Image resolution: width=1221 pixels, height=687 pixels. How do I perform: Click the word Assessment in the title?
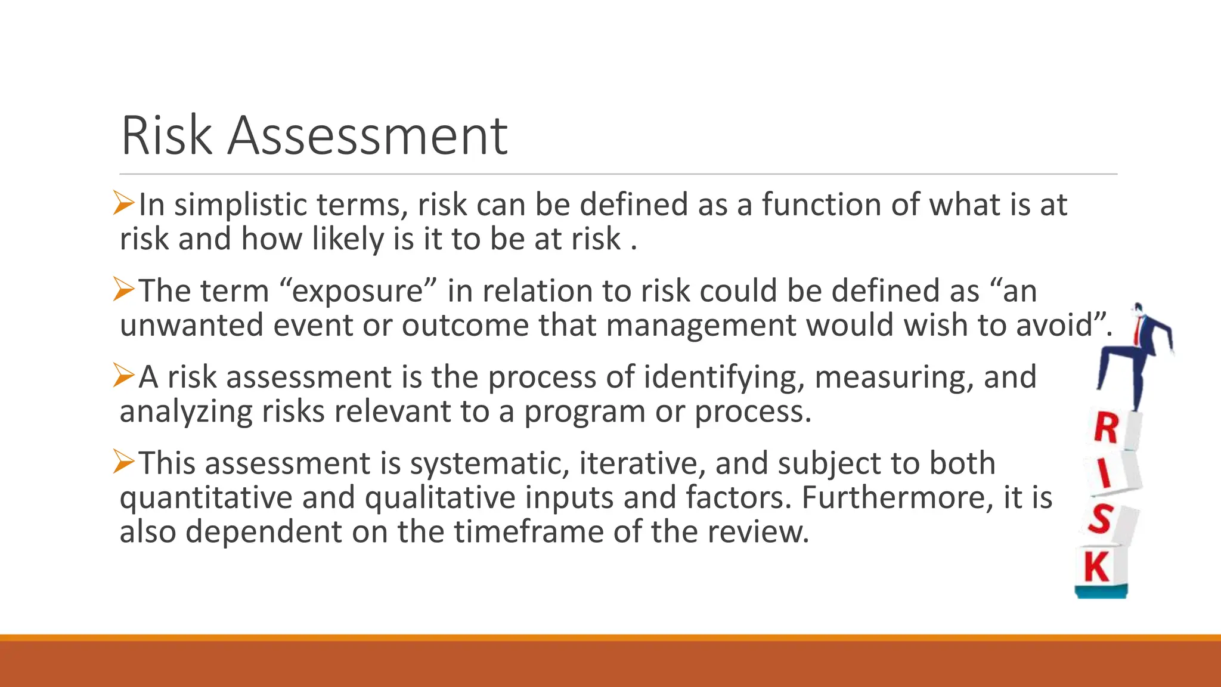(x=367, y=136)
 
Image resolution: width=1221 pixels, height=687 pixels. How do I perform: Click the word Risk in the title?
(x=166, y=136)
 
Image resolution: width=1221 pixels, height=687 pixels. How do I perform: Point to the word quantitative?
(x=206, y=498)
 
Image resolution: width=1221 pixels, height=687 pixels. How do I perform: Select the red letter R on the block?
(x=1107, y=428)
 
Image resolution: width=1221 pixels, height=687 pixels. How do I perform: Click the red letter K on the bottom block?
(x=1097, y=567)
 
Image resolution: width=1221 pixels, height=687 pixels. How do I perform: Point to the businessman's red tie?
(x=1139, y=329)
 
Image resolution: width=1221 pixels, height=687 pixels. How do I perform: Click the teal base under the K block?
(x=1101, y=592)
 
